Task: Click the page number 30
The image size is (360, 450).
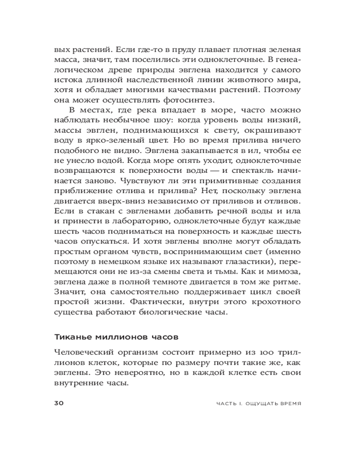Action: [x=60, y=403]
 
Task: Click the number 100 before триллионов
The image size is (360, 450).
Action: [x=266, y=352]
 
